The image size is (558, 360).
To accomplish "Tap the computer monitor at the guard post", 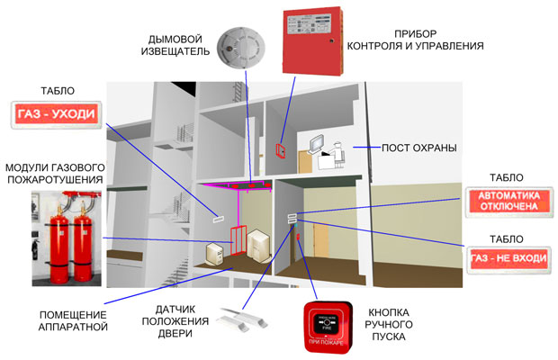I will pyautogui.click(x=318, y=143).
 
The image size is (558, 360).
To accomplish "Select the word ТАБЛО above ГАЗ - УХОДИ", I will pyautogui.click(x=58, y=92).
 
